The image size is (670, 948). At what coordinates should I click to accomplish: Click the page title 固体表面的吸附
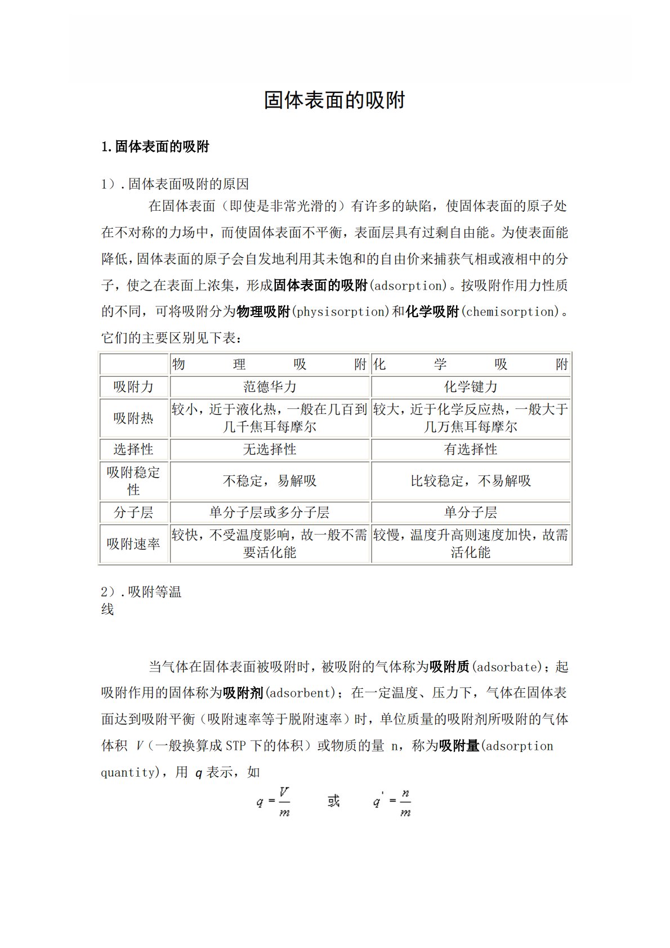(334, 100)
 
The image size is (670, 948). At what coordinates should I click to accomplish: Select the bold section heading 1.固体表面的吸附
(155, 147)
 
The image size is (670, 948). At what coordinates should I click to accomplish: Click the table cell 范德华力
(270, 387)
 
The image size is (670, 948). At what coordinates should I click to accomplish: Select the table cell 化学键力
(471, 387)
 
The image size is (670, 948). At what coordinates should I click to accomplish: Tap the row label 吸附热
(133, 418)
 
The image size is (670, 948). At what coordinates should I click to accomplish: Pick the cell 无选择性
(270, 449)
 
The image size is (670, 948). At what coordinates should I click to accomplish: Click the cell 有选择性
(471, 449)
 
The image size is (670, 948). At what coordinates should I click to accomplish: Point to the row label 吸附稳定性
(133, 480)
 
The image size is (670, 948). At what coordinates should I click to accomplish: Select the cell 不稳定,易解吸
(270, 481)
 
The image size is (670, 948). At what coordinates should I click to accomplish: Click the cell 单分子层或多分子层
(270, 513)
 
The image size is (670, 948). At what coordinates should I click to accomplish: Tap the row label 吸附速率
(133, 544)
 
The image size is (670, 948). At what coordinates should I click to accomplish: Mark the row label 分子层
(133, 513)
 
